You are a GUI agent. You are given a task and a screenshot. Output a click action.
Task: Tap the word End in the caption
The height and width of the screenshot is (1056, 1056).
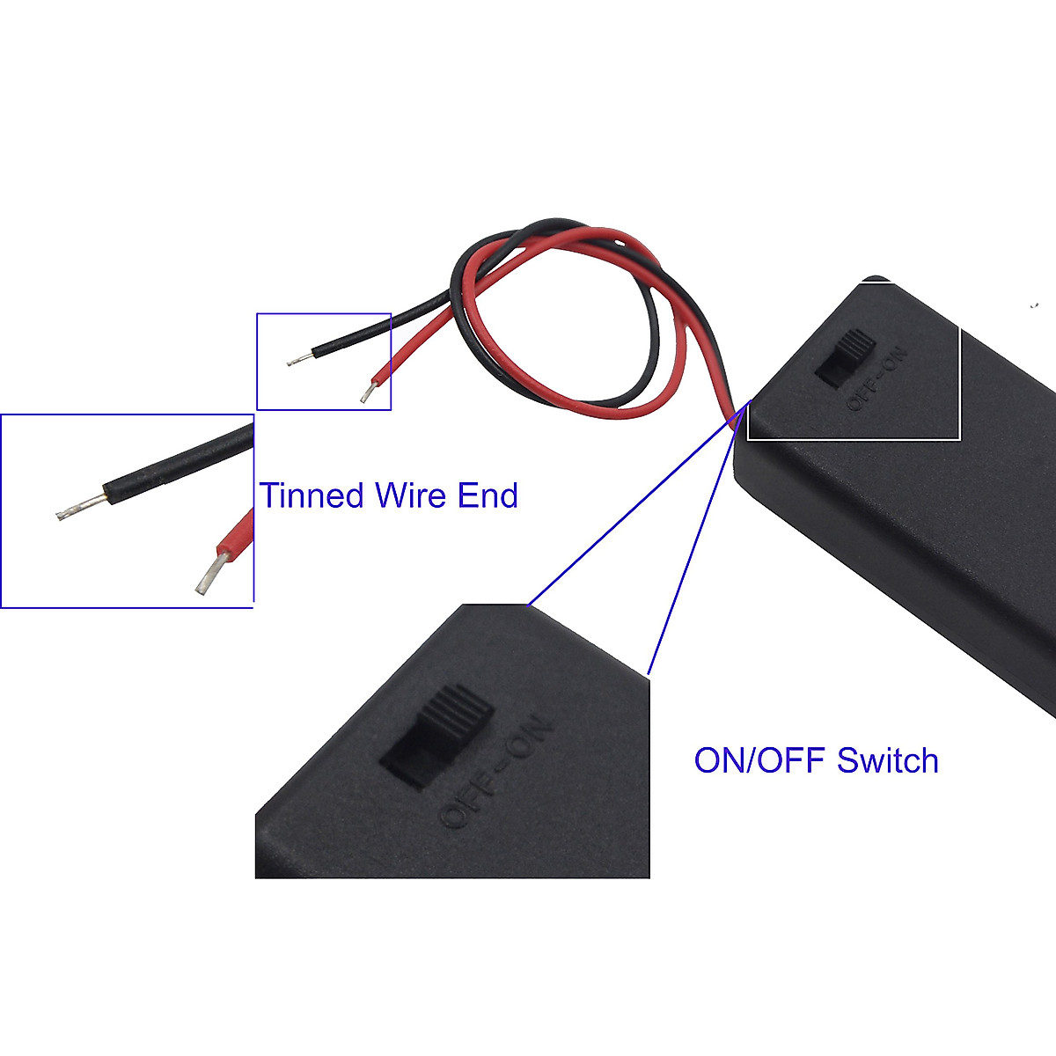pos(488,495)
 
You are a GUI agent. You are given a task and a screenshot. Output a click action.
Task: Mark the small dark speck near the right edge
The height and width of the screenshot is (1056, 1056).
pos(1035,306)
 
